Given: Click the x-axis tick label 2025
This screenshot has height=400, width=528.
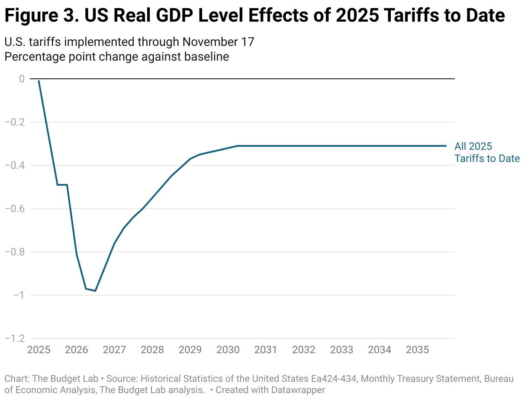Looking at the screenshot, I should pos(39,350).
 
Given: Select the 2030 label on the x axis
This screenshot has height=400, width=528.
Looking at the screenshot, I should pos(228,350).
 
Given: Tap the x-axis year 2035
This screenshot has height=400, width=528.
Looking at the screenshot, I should pos(417,350).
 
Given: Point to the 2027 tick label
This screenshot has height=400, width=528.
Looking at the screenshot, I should pos(114,350).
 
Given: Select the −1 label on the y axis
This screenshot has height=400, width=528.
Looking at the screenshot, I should pos(18,295).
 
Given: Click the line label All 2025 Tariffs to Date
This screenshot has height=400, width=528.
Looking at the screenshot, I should pos(486,152).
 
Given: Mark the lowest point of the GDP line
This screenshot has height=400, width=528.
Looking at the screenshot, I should pos(95,291).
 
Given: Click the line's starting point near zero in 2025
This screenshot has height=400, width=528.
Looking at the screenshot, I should pos(39,81).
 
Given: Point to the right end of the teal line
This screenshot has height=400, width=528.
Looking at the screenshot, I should pos(445,146).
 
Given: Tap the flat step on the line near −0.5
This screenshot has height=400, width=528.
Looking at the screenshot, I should pos(62,185).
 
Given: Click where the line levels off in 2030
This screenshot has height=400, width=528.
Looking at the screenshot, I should pos(237,146).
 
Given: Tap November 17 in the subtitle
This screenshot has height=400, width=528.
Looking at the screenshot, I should pos(218,42).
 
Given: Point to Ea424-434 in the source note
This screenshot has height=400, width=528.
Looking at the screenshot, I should pos(334,379).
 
